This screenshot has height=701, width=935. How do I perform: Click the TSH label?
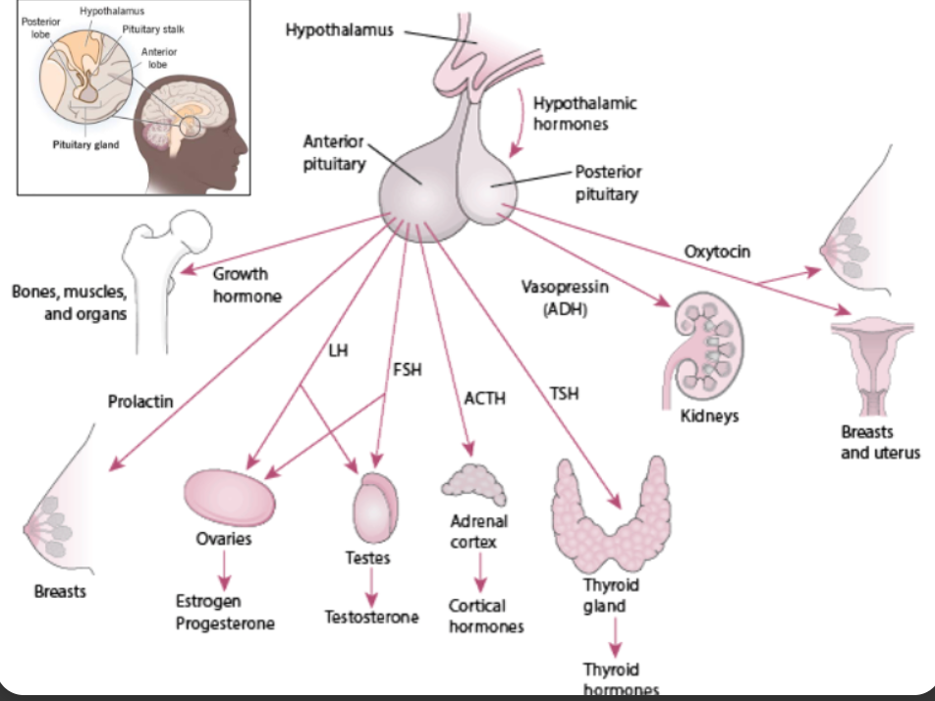[564, 394]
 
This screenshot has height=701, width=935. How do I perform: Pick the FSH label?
[408, 370]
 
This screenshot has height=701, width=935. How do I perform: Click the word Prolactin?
[140, 401]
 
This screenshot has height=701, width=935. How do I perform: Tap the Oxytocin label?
[717, 252]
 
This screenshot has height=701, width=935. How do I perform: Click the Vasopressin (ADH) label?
[565, 296]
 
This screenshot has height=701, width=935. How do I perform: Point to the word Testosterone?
[371, 618]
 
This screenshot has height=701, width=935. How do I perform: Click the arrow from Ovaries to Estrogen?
[224, 570]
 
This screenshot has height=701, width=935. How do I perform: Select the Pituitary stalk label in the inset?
[154, 29]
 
